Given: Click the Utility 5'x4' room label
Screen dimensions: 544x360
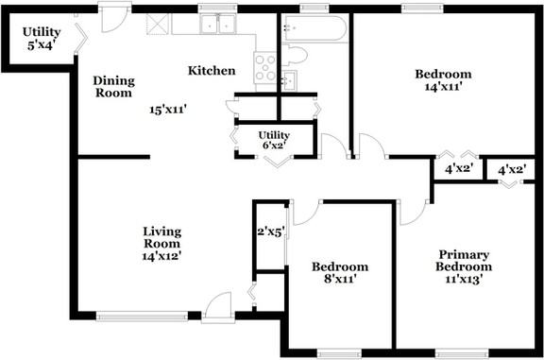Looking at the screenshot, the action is click(42, 39).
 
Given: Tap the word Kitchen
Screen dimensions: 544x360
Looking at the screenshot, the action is click(212, 71).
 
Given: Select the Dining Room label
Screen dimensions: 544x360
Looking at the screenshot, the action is click(113, 87).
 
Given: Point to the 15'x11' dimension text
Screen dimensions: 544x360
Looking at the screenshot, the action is click(168, 110).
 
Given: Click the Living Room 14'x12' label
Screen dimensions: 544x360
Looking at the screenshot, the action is click(162, 244).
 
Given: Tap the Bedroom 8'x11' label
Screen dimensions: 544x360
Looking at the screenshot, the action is click(340, 272).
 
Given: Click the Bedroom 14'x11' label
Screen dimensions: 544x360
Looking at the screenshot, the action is click(443, 80).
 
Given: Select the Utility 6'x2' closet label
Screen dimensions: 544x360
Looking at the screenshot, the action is click(274, 140).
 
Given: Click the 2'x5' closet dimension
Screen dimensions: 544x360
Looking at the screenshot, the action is click(271, 231).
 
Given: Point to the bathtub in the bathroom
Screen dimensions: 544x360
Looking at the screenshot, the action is click(315, 28).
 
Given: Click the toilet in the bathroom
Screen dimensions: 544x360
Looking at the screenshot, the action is click(295, 55).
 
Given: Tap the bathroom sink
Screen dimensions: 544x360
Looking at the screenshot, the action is click(289, 81).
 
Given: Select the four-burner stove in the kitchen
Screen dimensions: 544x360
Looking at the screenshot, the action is click(265, 67).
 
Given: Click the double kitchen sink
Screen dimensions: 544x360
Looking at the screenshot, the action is click(218, 24).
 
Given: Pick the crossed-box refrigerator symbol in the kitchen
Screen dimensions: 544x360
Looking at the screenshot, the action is click(157, 24).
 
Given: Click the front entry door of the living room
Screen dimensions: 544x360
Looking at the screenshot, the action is click(218, 308).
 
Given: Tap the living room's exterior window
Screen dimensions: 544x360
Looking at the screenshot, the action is click(142, 317).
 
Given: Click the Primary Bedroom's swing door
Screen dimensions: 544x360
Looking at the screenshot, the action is click(414, 212).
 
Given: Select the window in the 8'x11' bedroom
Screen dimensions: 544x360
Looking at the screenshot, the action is click(339, 353).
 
